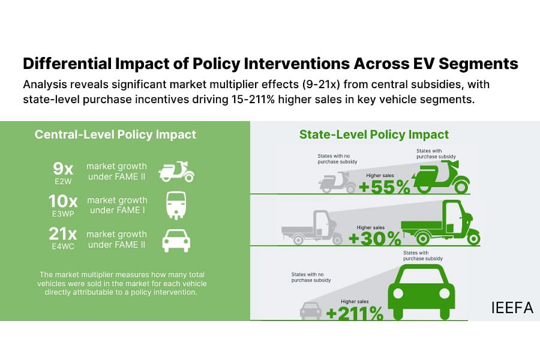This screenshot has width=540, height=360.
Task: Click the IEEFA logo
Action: (512, 308)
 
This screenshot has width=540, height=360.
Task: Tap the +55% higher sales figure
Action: (385, 187)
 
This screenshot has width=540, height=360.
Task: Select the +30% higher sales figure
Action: (374, 238)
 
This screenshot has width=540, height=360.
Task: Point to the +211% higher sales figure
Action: (355, 313)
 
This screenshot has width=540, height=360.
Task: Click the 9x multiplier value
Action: (63, 169)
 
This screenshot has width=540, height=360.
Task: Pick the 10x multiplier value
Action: (63, 201)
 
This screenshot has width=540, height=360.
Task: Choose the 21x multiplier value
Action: (62, 234)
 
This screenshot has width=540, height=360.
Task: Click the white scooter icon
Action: (176, 171)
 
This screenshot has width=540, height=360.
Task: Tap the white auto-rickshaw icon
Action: (176, 205)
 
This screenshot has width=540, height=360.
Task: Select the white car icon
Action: (176, 241)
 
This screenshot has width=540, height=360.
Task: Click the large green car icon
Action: (421, 292)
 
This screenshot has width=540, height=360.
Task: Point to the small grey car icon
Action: (311, 311)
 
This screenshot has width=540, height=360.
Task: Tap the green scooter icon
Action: (441, 178)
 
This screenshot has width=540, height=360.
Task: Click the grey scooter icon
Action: (337, 182)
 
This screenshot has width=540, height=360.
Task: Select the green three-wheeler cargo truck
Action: (440, 223)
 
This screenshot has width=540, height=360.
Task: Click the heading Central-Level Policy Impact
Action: (115, 134)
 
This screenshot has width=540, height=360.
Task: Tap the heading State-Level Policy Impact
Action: (374, 134)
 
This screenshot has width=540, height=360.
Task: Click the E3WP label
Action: (63, 214)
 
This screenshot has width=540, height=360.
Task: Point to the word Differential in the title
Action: (67, 64)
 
